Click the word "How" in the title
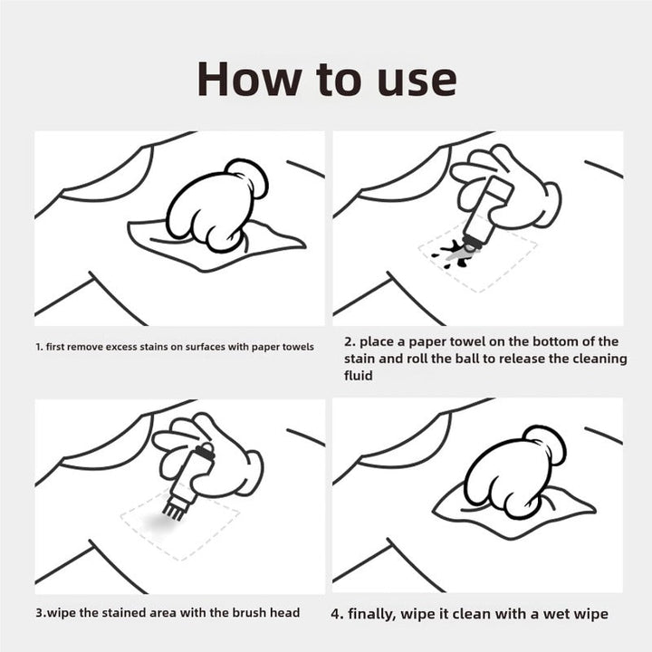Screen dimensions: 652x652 pyautogui.click(x=249, y=79)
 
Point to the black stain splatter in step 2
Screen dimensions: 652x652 pyautogui.click(x=454, y=254)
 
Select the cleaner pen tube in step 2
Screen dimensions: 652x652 pyautogui.click(x=486, y=213)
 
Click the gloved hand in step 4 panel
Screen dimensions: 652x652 pyautogui.click(x=514, y=472)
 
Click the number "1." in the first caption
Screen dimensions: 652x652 pyautogui.click(x=40, y=347)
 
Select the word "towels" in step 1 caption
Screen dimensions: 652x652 pyautogui.click(x=298, y=347)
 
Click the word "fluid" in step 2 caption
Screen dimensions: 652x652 pyautogui.click(x=358, y=376)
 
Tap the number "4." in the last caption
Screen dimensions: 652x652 pyautogui.click(x=337, y=614)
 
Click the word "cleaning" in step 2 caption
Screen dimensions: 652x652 pyautogui.click(x=599, y=360)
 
